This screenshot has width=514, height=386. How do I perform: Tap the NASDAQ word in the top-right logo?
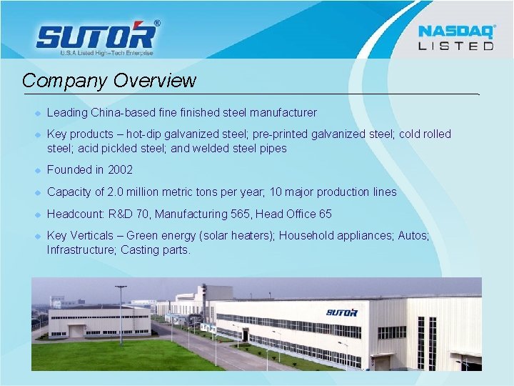click(455, 31)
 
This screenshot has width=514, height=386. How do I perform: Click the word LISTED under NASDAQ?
click(455, 46)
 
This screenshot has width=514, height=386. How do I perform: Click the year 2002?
click(120, 170)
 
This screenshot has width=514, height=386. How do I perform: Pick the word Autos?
click(413, 235)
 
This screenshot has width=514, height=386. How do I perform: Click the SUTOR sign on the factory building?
click(342, 312)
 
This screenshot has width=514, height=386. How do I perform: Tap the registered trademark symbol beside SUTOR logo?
click(157, 23)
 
